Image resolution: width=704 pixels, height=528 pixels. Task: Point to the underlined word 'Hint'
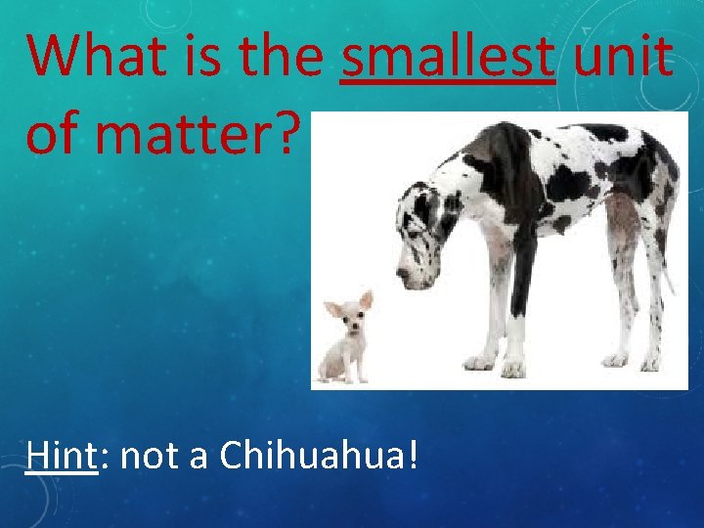point(63,455)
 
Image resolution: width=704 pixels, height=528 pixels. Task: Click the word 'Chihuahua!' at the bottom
point(320,455)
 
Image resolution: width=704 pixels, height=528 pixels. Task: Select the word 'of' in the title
point(50,135)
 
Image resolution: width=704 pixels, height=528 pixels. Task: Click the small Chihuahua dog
point(345,337)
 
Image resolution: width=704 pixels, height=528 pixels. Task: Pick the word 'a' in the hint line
point(197,455)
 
